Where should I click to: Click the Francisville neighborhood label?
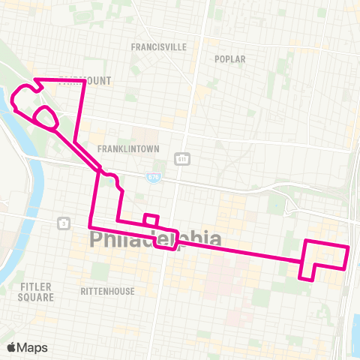(157, 46)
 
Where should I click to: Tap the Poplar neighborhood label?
(229, 58)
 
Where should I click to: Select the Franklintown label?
(128, 148)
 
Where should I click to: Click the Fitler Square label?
(37, 292)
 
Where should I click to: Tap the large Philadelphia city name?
(155, 239)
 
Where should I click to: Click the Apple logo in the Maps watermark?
(12, 347)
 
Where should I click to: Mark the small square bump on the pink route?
(151, 219)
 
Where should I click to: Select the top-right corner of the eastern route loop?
(348, 247)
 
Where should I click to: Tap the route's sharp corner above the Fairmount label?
(84, 79)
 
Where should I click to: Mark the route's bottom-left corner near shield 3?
(90, 226)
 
